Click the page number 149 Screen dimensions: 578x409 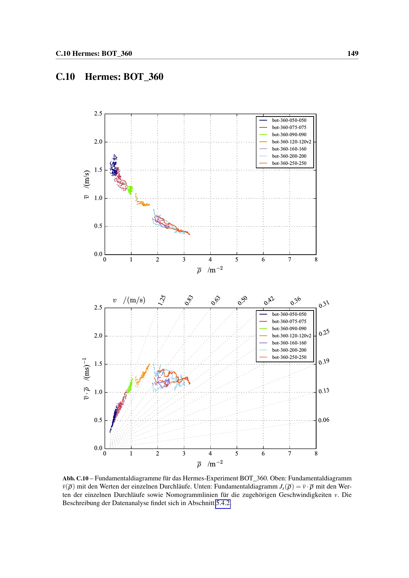[x=353, y=53]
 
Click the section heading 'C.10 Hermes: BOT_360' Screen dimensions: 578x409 [x=109, y=77]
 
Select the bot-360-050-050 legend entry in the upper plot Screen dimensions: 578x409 [x=289, y=120]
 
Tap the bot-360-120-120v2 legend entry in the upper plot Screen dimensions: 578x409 [x=291, y=142]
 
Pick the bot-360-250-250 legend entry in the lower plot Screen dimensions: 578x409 [x=289, y=357]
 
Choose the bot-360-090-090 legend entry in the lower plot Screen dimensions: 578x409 [x=289, y=328]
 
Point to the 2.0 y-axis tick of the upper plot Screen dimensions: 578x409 [x=98, y=142]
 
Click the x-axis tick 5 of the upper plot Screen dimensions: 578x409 [x=236, y=259]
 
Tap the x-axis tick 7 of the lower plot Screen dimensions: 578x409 [x=289, y=453]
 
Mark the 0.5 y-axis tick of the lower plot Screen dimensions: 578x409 [x=98, y=420]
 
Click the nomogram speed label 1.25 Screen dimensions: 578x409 [x=162, y=300]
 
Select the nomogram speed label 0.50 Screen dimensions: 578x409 [x=242, y=300]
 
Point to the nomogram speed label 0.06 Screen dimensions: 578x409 [x=324, y=420]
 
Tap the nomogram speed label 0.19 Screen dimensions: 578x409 [x=324, y=362]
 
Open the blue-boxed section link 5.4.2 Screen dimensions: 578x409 [x=223, y=503]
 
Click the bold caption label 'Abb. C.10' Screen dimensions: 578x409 [x=75, y=478]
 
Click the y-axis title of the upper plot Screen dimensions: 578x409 [x=86, y=184]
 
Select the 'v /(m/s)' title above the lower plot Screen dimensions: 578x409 [x=129, y=300]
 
